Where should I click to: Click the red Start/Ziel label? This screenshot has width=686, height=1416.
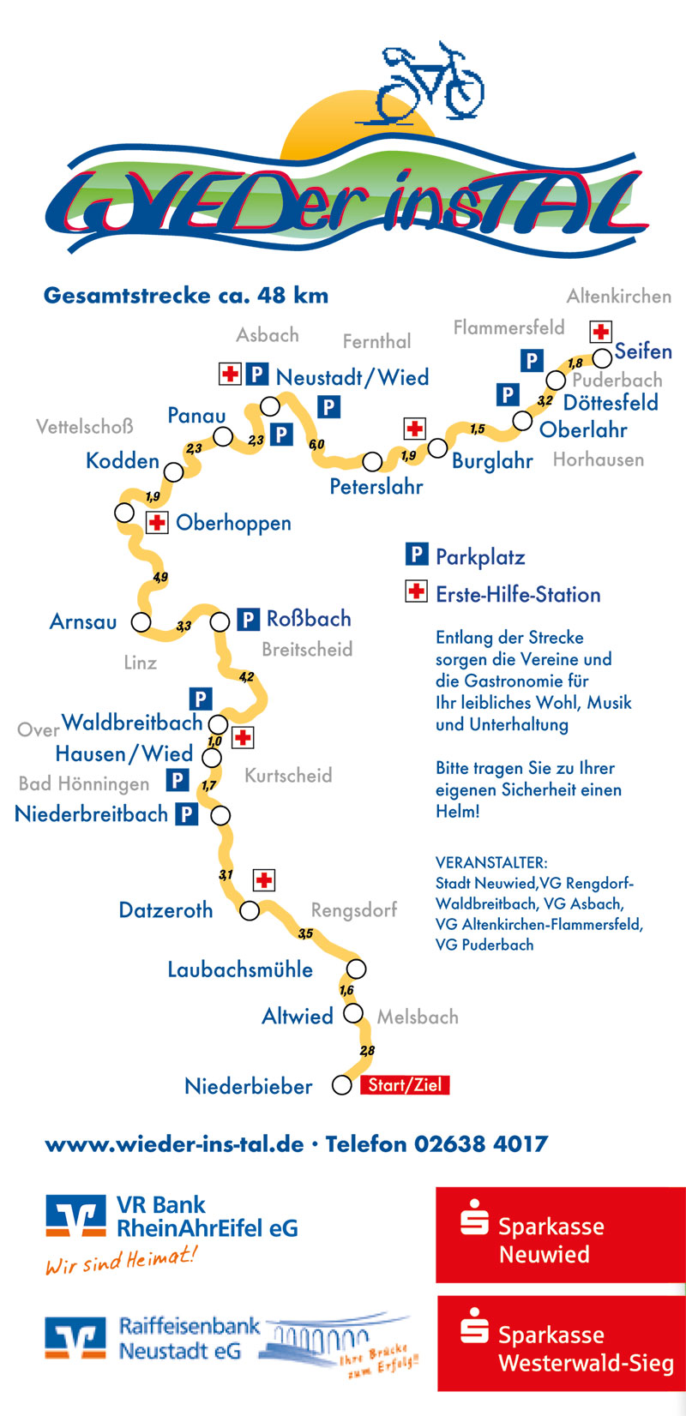tap(405, 1085)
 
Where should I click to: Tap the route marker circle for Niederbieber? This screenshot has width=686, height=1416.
tap(342, 1085)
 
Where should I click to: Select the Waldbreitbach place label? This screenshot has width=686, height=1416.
tap(132, 723)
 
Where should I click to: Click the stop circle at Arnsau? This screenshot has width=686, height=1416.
tap(141, 621)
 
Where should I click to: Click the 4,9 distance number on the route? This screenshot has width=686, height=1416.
tap(160, 577)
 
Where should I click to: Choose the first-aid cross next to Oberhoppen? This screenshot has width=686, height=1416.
tap(157, 522)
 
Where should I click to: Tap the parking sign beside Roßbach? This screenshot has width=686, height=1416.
tap(248, 619)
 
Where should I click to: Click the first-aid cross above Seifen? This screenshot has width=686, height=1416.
tap(601, 332)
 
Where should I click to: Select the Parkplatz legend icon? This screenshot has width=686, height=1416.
tap(416, 555)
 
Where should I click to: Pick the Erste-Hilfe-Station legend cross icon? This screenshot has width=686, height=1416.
tap(416, 591)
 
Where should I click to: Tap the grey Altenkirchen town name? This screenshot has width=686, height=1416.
tap(619, 297)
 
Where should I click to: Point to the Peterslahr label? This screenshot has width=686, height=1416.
tap(376, 487)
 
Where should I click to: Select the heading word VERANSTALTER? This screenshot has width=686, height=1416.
tap(491, 862)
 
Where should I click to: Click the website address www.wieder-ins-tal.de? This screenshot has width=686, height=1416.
tap(174, 1143)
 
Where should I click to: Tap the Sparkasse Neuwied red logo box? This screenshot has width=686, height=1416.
tap(560, 1234)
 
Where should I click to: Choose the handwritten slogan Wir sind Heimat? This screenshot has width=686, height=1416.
tap(121, 1261)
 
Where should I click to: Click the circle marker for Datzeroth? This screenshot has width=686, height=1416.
tap(249, 909)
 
